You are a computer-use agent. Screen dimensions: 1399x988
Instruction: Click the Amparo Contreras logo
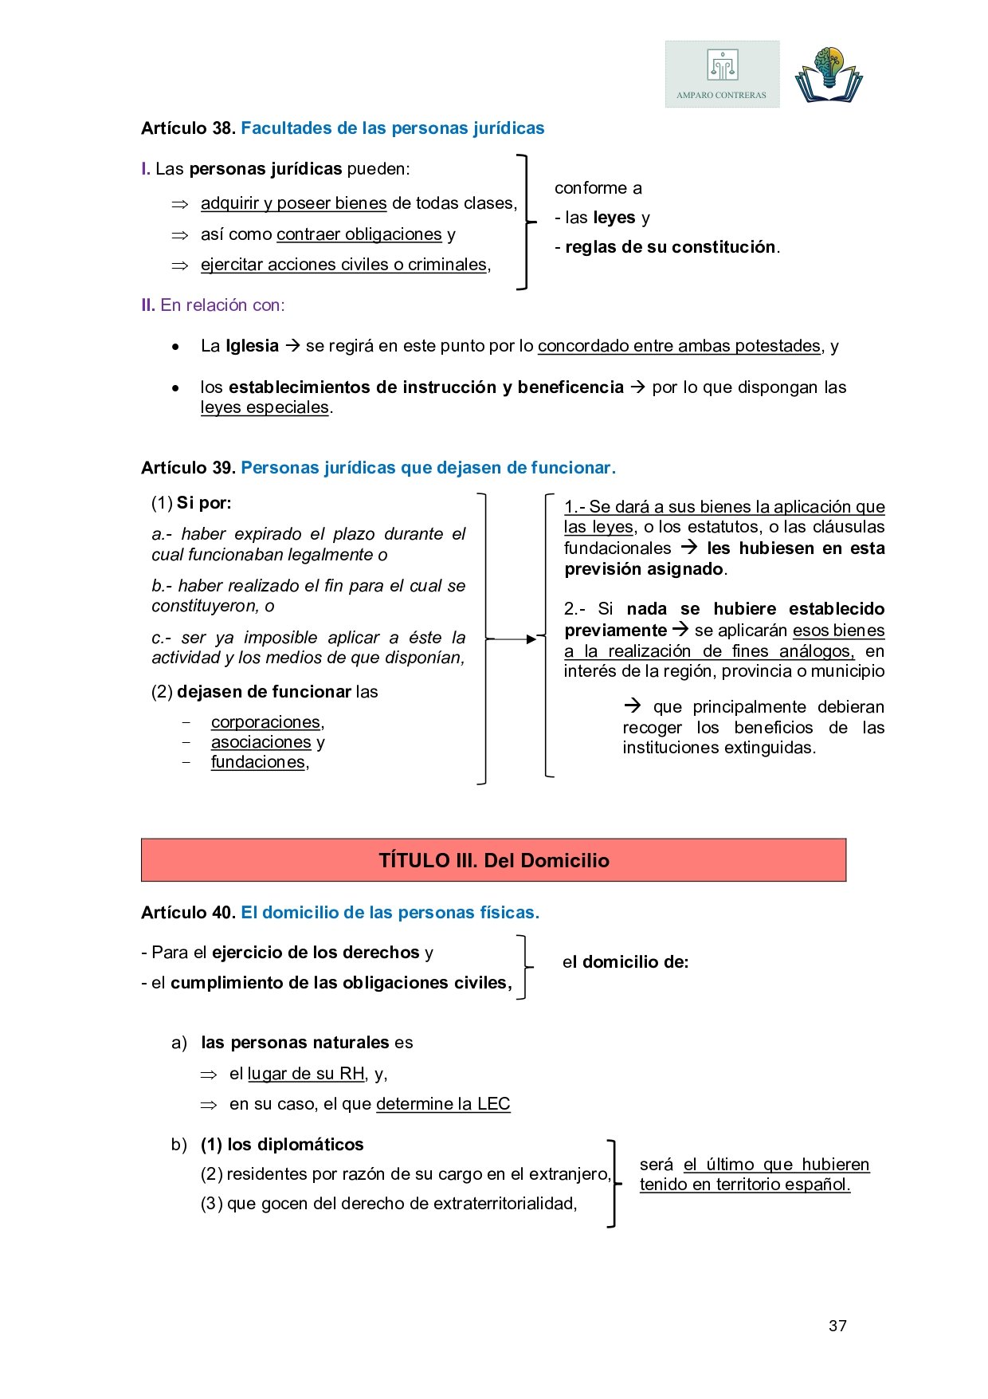pos(722,74)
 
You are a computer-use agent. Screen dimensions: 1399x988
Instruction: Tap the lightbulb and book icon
pos(829,75)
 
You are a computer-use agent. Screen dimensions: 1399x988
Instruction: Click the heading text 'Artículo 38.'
pos(188,128)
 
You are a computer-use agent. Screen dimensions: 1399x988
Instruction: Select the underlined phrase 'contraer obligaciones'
pos(359,234)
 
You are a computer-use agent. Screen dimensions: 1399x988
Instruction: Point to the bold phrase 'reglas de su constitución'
pos(670,247)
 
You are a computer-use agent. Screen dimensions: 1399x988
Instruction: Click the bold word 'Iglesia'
pos(252,346)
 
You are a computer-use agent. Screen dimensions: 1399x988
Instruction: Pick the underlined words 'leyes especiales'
pos(265,407)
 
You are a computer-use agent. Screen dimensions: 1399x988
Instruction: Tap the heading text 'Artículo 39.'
pos(188,468)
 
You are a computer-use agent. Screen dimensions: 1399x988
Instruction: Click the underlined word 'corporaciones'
pos(265,722)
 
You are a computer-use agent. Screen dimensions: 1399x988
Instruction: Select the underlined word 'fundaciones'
pos(258,762)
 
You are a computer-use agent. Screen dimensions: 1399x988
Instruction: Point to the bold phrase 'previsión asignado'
pos(644,569)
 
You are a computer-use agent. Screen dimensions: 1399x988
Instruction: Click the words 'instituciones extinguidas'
pos(718,748)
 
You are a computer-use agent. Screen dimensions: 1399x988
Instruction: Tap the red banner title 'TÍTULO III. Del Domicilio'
pos(494,861)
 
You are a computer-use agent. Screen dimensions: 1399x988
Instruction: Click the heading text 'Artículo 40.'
pos(188,913)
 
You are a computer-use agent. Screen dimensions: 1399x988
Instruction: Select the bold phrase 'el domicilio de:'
pos(625,962)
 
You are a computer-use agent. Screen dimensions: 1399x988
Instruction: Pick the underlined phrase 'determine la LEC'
pos(443,1104)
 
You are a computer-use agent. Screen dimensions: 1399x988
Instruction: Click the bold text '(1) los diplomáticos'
pos(282,1145)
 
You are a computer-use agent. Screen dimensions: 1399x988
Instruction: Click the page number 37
pos(837,1326)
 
